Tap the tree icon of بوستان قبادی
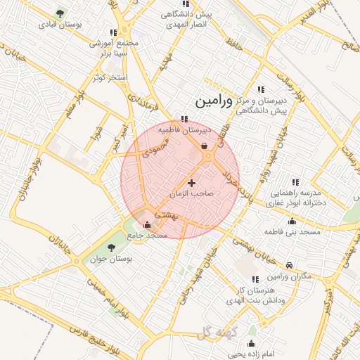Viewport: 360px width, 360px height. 59,13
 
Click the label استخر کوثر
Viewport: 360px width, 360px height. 110,77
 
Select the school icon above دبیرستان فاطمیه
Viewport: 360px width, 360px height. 185,119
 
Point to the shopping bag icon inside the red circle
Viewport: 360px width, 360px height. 204,146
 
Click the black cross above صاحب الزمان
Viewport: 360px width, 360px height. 191,183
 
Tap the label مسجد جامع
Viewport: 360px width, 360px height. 148,235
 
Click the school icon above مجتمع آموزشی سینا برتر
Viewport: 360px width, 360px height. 113,32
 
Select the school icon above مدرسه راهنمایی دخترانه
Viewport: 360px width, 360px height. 293,182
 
